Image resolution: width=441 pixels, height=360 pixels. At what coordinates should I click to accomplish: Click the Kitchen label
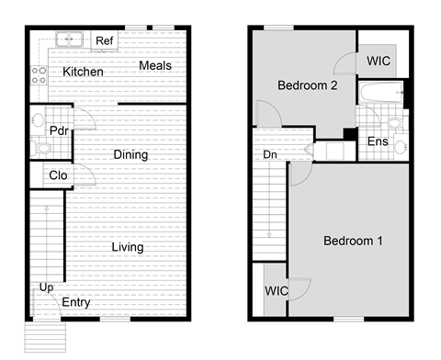click(83, 72)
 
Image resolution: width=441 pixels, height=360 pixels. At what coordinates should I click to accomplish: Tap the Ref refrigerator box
click(105, 41)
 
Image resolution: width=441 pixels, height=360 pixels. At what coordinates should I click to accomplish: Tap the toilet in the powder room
click(41, 147)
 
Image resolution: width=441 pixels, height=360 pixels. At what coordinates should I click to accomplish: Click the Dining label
click(130, 154)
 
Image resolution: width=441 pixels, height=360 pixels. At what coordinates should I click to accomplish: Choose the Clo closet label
click(58, 174)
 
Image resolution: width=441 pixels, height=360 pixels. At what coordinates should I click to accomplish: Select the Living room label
click(127, 247)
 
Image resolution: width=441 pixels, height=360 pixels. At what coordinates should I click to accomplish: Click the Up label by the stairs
click(44, 287)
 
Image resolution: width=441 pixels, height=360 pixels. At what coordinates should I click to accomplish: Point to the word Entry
click(75, 303)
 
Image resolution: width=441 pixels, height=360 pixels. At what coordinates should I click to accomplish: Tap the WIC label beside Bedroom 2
click(379, 61)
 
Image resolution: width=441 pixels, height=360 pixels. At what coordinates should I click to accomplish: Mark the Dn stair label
click(271, 155)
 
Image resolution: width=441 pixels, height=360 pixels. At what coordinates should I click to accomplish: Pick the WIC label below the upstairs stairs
click(277, 291)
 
